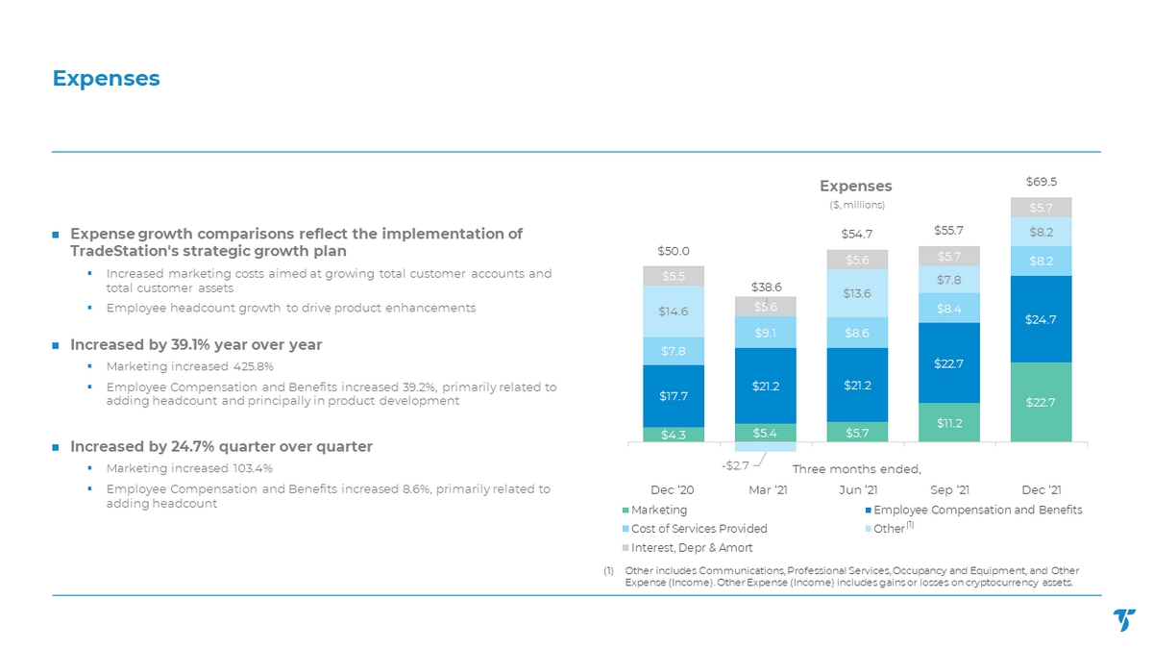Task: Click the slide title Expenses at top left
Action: (x=106, y=78)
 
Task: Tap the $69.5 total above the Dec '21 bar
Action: (x=1041, y=181)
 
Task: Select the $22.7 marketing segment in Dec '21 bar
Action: (x=1041, y=402)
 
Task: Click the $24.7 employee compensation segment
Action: (x=1041, y=319)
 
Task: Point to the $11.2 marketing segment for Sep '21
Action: (x=949, y=422)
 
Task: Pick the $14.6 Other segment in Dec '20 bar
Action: (x=674, y=312)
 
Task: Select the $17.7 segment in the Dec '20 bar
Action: (x=674, y=395)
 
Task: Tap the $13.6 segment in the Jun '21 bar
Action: (x=857, y=293)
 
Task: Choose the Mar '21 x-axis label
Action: (x=766, y=490)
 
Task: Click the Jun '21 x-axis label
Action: (x=857, y=490)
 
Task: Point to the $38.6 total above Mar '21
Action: (x=766, y=287)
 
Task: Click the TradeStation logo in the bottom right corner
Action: (x=1123, y=620)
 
